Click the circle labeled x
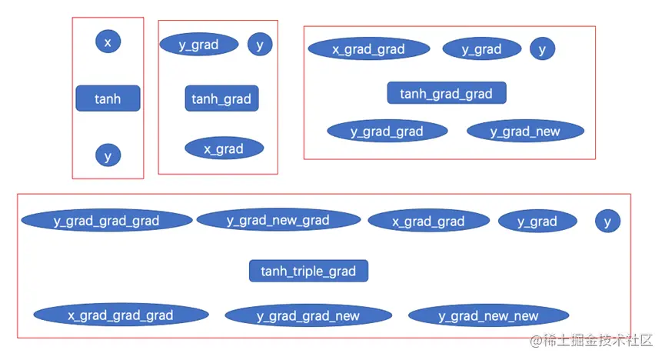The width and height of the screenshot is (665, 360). tap(108, 42)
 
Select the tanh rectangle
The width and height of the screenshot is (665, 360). tap(108, 98)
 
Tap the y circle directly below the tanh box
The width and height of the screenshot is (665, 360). tap(108, 155)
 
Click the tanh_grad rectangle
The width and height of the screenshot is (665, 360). tap(221, 98)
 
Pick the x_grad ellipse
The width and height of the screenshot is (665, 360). tap(224, 148)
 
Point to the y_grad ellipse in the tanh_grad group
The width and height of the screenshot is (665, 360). tap(199, 44)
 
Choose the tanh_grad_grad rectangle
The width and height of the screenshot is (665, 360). tap(447, 93)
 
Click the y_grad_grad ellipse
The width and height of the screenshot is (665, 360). tap(387, 132)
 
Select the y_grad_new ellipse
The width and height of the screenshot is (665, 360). tap(526, 132)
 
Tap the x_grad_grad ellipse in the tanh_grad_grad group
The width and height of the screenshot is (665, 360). tap(369, 48)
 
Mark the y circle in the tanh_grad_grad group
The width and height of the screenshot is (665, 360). tap(543, 48)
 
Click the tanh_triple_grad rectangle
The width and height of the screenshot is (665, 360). tap(309, 271)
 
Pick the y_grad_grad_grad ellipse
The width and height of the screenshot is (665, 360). tap(107, 221)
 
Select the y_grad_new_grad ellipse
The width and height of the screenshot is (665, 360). tap(278, 220)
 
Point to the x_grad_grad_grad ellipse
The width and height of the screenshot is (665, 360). tap(121, 315)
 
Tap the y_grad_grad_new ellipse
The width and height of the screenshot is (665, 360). tap(308, 315)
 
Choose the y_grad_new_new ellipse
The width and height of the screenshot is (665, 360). tap(489, 315)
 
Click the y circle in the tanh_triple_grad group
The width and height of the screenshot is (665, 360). tap(608, 222)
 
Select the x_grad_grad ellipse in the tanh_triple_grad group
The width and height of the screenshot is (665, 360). tap(429, 222)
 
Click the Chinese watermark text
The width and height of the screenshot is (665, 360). tap(591, 340)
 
